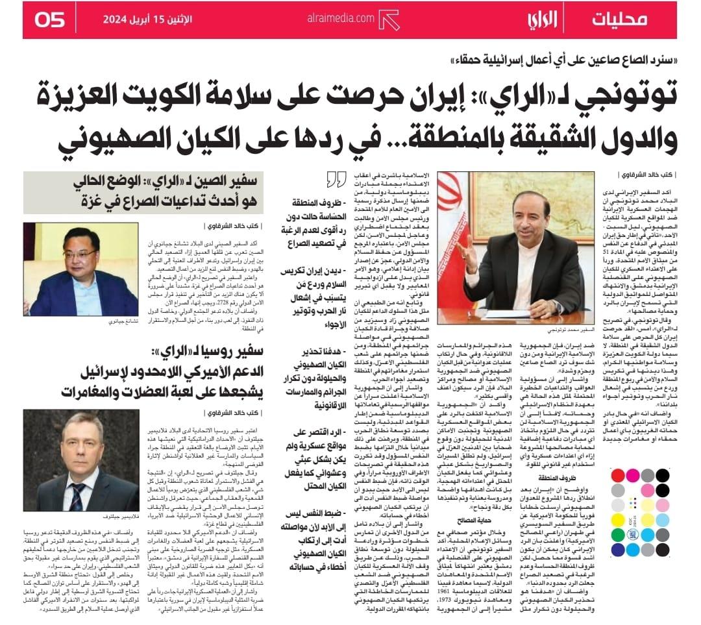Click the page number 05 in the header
tap(49, 19)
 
